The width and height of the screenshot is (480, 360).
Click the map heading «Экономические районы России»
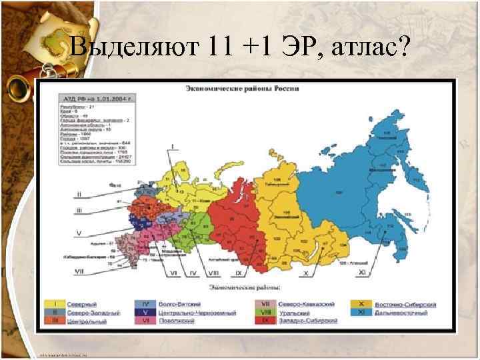tap(241, 87)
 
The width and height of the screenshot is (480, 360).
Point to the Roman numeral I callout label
tap(172, 145)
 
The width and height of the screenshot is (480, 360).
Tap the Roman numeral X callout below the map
tap(306, 273)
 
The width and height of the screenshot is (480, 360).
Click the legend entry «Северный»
tap(83, 303)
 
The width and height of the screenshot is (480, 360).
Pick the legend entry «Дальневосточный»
tap(398, 312)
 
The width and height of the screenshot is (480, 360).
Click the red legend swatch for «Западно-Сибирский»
tap(265, 321)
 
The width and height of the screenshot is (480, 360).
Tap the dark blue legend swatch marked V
tap(145, 312)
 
